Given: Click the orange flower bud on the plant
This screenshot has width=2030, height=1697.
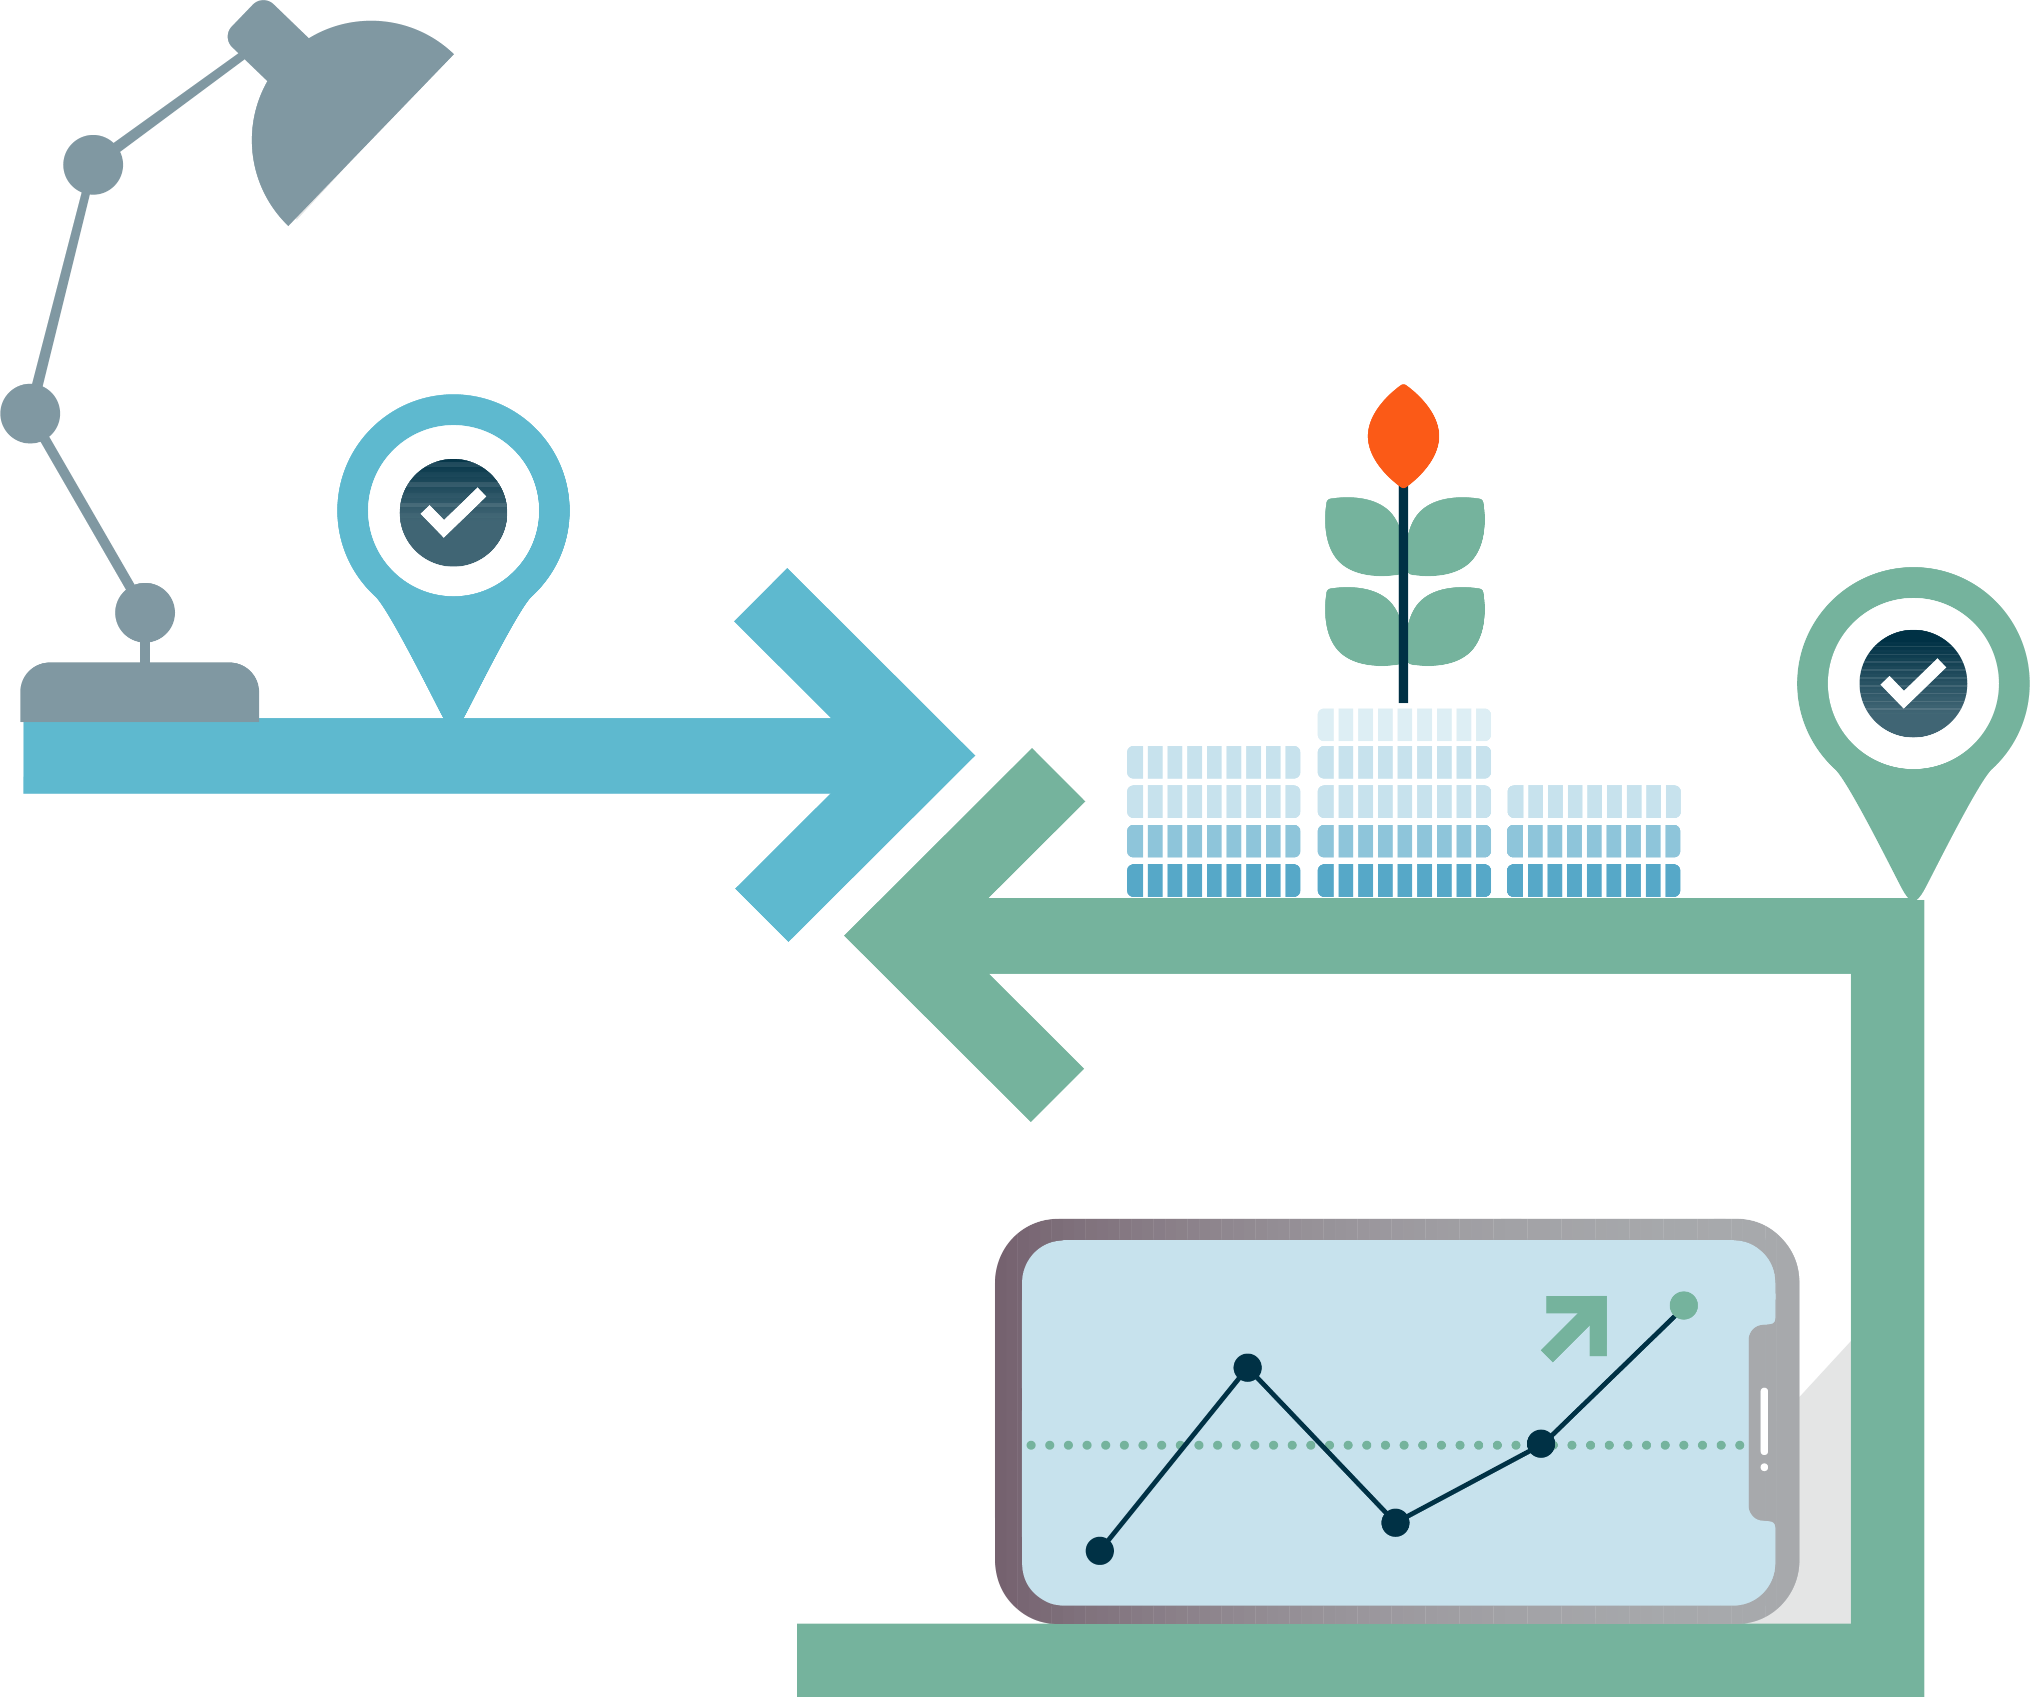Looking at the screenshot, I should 1403,435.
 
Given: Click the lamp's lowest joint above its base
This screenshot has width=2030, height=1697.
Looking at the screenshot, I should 145,612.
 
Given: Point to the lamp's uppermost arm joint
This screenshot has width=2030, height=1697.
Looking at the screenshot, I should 93,164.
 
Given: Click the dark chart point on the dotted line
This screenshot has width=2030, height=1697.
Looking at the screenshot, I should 1541,1444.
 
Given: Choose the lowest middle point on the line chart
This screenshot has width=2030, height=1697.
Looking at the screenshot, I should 1395,1523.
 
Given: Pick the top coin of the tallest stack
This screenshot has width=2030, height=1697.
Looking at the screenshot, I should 1404,724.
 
